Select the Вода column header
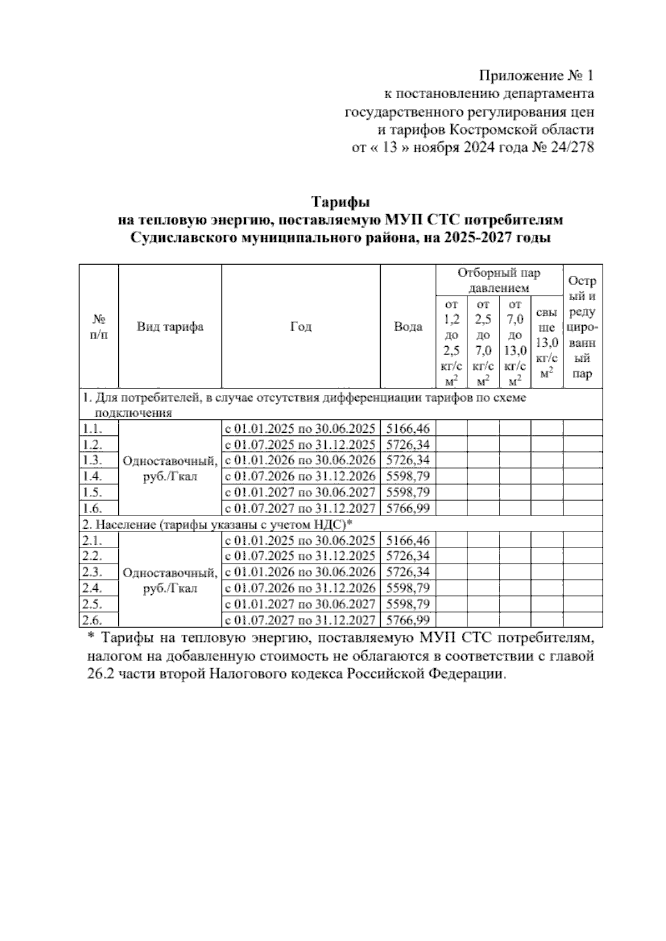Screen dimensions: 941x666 tap(407, 327)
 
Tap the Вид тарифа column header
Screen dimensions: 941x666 tap(170, 327)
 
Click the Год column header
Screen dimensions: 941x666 tap(301, 327)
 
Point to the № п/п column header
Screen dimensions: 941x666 tap(99, 327)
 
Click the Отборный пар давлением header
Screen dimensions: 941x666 tap(498, 280)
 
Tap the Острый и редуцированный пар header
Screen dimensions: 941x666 tap(582, 327)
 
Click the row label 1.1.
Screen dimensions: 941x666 tap(92, 428)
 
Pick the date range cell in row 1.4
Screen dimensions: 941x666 tap(300, 476)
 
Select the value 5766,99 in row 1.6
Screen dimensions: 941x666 tap(407, 508)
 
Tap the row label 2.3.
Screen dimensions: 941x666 tap(92, 572)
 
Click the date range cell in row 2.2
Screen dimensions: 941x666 tap(300, 556)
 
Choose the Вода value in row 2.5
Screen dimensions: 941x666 tap(407, 604)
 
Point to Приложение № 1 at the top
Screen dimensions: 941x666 tap(536, 75)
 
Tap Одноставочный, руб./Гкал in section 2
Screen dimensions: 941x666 tap(170, 580)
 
